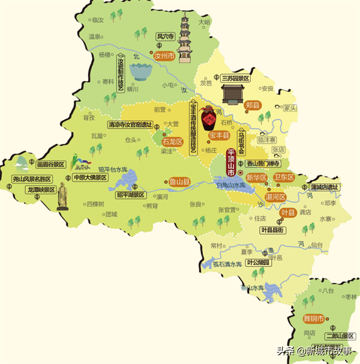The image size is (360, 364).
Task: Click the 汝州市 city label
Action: pos(164,56)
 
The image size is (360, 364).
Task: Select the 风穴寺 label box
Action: pos(165,36)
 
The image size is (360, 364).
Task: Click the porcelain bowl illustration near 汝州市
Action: pos(140,72)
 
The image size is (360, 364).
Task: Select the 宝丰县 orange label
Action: pos(219,136)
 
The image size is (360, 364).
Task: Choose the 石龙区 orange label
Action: pos(172,142)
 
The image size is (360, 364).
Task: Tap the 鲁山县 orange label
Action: pos(179,181)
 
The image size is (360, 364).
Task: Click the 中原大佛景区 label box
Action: pos(89,178)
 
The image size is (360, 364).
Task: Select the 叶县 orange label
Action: pos(288,213)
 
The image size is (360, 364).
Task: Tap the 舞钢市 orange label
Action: pos(313,318)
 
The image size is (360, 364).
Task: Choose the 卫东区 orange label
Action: pos(284,178)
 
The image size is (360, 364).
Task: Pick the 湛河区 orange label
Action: pos(275,196)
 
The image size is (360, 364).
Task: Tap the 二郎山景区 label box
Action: pos(340,336)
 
